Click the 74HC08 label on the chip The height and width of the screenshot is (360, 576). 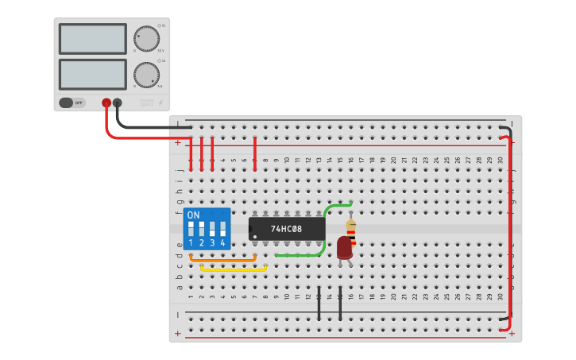click(x=287, y=229)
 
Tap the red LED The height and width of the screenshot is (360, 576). click(x=345, y=247)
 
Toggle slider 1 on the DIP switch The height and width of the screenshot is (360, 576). click(x=191, y=229)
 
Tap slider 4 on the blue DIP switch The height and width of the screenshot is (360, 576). click(x=222, y=229)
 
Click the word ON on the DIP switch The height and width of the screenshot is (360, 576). click(x=193, y=215)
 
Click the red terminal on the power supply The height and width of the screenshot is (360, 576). click(x=106, y=103)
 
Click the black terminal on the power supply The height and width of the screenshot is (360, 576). click(x=118, y=103)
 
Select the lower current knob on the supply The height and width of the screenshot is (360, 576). click(x=146, y=75)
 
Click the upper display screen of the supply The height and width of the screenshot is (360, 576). click(x=92, y=38)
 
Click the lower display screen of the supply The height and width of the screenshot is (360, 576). click(x=92, y=74)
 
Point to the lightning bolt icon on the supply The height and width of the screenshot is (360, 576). click(x=160, y=103)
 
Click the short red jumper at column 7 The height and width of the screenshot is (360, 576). click(x=254, y=153)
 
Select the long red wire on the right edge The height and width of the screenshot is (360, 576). click(x=510, y=230)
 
